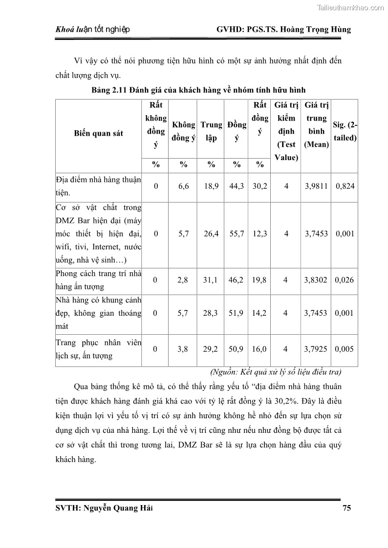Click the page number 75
pos(346,508)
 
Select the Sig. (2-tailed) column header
pos(345,131)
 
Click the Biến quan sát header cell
pos(99,133)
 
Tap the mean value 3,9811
pos(316,186)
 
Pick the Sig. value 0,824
pos(345,186)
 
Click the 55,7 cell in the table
pos(237,234)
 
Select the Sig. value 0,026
pos(345,280)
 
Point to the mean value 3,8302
pos(316,280)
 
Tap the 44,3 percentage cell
pos(237,186)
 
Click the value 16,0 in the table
pos(259,349)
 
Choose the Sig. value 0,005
pos(345,349)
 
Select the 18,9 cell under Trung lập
pos(211,186)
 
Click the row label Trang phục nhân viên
pos(98,349)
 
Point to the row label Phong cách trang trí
pos(98,280)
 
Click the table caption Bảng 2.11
pos(198,90)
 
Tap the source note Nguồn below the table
pos(276,372)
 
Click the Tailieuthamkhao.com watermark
pos(350,7)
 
